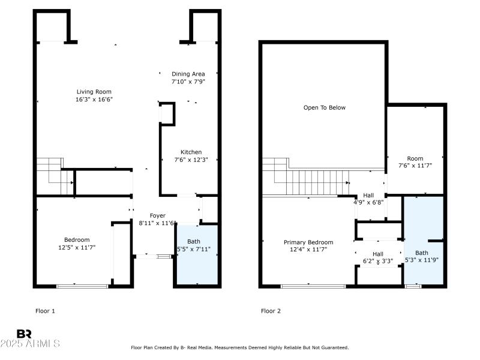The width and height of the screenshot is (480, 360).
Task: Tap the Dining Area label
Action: (188, 74)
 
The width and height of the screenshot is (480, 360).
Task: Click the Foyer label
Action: (157, 215)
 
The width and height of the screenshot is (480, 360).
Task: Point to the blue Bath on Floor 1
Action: (195, 255)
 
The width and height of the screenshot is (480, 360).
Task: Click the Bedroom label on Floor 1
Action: (77, 239)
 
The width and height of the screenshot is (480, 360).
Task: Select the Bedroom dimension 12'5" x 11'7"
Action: (77, 247)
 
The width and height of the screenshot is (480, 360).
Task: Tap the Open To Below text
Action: (324, 108)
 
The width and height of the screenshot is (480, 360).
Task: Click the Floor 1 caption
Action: (46, 311)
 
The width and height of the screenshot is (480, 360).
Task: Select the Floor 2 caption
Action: (271, 311)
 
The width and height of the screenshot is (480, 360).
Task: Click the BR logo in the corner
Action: (24, 333)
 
